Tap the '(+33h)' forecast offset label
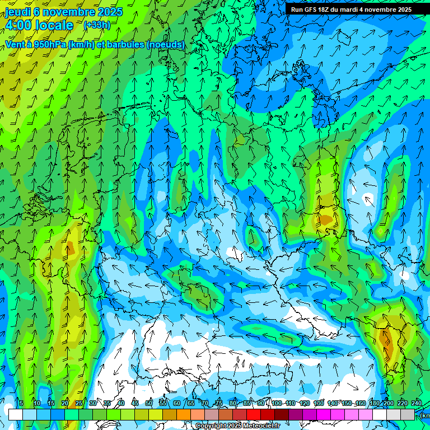pyautogui.click(x=97, y=25)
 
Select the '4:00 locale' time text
pyautogui.click(x=39, y=25)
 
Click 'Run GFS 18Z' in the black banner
pyautogui.click(x=314, y=10)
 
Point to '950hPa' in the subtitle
pyautogui.click(x=50, y=44)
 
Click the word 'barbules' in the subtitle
pyautogui.click(x=123, y=44)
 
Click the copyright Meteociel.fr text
pyautogui.click(x=238, y=426)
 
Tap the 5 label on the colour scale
pyautogui.click(x=21, y=403)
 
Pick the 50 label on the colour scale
pyautogui.click(x=149, y=403)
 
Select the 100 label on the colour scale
pyautogui.click(x=277, y=403)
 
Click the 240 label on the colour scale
pyautogui.click(x=416, y=403)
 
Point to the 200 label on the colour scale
pyautogui.click(x=388, y=403)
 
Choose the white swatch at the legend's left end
pyautogui.click(x=16, y=414)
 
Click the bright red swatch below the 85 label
pyautogui.click(x=254, y=414)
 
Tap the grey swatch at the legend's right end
pyautogui.click(x=408, y=414)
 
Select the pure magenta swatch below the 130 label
pyautogui.click(x=324, y=414)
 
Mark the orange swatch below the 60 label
pyautogui.click(x=184, y=414)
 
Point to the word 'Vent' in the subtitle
pyautogui.click(x=15, y=44)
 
